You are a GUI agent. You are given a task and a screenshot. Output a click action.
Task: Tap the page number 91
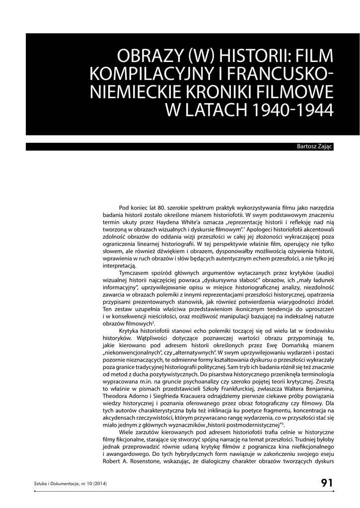point(326,483)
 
